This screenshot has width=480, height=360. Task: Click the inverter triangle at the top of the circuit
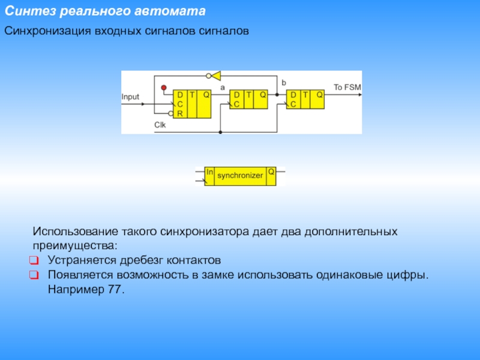(x=216, y=76)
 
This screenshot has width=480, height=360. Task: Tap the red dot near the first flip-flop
(x=164, y=88)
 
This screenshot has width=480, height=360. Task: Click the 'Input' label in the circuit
(x=130, y=97)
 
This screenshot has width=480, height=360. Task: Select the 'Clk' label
(x=160, y=125)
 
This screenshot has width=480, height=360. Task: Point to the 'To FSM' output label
(x=347, y=87)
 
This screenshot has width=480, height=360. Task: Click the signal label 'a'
(x=223, y=88)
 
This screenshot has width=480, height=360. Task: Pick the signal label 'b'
(x=284, y=83)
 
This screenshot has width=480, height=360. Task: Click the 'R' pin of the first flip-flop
(x=180, y=113)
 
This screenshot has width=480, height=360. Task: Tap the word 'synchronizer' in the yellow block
(x=240, y=175)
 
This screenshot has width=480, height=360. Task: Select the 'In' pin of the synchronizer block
(x=209, y=172)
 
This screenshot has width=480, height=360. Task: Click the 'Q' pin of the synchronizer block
(x=271, y=172)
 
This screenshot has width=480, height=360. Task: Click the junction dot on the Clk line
(x=220, y=132)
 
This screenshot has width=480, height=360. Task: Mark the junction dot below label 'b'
(x=277, y=95)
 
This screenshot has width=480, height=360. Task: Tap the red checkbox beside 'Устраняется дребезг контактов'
(x=34, y=260)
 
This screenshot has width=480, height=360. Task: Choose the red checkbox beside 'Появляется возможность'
(x=34, y=275)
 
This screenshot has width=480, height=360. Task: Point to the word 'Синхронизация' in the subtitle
(x=47, y=31)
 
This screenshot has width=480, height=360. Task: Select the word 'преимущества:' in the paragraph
(x=75, y=246)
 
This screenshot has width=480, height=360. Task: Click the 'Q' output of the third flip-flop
(x=320, y=95)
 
